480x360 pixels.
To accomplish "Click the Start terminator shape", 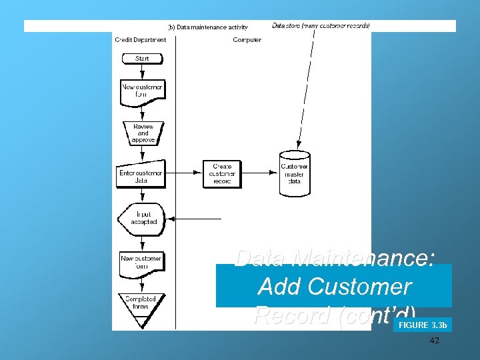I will tap(141, 59).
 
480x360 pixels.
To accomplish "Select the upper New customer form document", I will tap(141, 91).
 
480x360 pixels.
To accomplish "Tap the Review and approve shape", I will tap(143, 133).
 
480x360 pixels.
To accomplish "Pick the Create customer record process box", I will tap(222, 173).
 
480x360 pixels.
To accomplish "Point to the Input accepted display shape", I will tap(142, 218).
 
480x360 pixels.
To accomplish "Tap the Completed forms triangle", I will tap(141, 306).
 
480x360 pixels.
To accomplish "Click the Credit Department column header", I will tap(140, 40).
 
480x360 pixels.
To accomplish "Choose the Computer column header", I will tap(247, 40).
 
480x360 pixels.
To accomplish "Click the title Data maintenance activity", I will tap(208, 27).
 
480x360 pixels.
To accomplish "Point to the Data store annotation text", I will tap(321, 26).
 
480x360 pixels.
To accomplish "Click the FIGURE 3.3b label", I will tap(422, 325).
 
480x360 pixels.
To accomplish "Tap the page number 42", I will tap(435, 341).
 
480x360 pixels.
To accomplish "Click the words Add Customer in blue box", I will tap(334, 287).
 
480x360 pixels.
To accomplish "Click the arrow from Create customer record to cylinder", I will tap(261, 172).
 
